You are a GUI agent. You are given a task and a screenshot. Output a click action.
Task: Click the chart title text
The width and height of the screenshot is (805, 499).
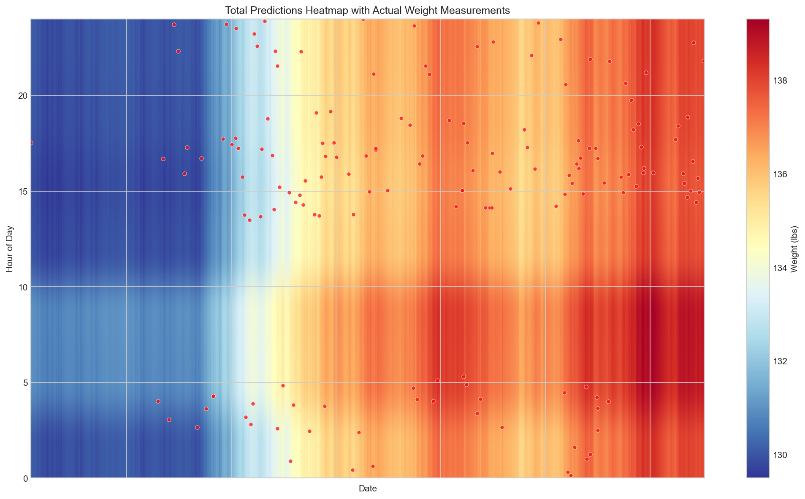(x=368, y=11)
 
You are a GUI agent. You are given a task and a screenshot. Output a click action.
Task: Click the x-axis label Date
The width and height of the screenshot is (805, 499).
(x=368, y=489)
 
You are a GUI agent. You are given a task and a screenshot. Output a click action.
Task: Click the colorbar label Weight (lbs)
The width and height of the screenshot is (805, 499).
(x=794, y=249)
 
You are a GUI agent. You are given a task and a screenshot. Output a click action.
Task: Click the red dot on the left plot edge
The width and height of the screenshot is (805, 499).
(x=31, y=143)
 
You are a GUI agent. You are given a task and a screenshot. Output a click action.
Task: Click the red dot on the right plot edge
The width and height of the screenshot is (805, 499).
(x=703, y=61)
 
